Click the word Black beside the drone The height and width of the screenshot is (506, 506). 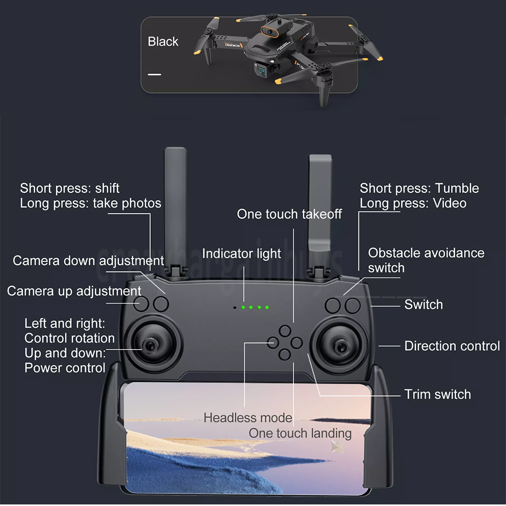coord(163,41)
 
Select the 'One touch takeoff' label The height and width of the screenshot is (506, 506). coord(289,214)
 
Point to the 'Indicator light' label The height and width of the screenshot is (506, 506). coord(241,254)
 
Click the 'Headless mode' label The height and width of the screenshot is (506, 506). coord(248,417)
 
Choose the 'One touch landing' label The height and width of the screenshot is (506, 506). coord(300,434)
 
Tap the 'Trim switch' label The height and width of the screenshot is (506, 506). coord(438,394)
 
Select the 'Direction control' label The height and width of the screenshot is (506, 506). coord(452,346)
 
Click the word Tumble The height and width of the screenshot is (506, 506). coord(457,188)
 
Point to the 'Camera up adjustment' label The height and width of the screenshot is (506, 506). coord(74,291)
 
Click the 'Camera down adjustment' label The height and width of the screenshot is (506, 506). coord(88,261)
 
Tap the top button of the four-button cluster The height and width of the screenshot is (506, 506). coord(285,331)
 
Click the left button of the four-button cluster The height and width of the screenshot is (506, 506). coord(273,343)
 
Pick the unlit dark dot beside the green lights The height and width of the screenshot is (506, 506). coord(235,308)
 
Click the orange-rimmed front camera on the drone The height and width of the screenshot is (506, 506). coord(270,31)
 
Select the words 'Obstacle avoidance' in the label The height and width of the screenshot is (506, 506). coord(426,253)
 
